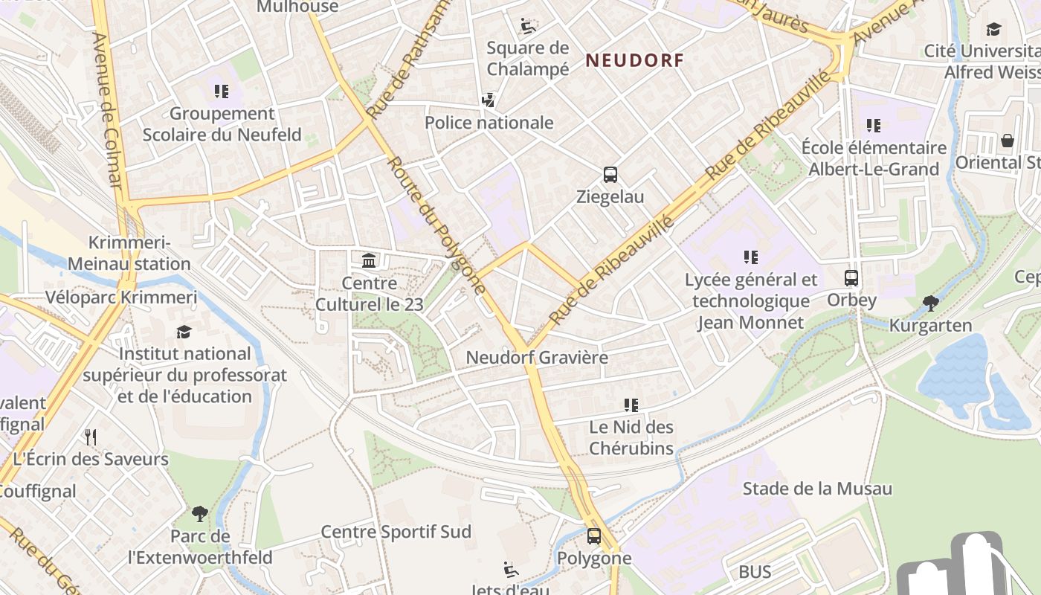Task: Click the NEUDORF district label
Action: tap(634, 60)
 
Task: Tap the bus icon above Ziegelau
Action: tap(610, 175)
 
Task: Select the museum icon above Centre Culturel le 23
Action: tap(369, 260)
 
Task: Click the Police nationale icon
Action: tap(489, 100)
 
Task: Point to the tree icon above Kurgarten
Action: tap(930, 303)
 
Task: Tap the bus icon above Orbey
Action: tap(851, 278)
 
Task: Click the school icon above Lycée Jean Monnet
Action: tap(751, 257)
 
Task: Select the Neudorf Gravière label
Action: tap(537, 358)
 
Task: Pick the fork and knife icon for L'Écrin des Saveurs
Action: tap(91, 437)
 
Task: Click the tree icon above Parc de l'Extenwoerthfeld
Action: tap(199, 513)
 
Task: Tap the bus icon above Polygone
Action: tap(593, 535)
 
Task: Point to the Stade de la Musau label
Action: tap(817, 489)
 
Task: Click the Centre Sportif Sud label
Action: tap(396, 532)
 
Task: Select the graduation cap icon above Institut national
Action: tap(184, 332)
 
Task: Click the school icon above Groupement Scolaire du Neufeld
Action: tap(222, 91)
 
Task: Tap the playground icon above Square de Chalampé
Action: tap(527, 26)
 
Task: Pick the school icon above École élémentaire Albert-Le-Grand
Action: tap(874, 126)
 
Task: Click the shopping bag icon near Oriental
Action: tap(1008, 141)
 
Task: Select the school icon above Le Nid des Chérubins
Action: tap(631, 405)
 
